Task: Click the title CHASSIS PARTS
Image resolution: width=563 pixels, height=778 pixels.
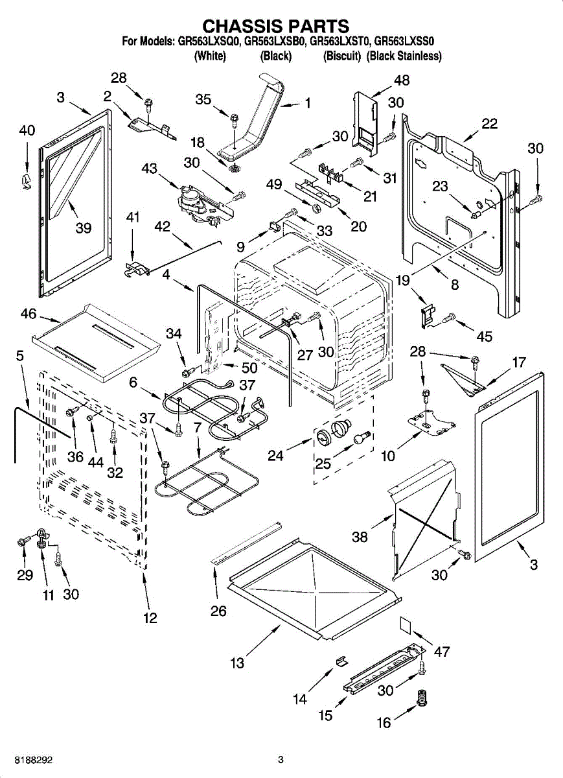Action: (276, 26)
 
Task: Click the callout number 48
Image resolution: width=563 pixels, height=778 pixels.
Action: (402, 80)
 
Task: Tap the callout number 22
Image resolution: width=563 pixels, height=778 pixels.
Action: (489, 124)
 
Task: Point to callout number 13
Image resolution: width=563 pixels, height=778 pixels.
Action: (237, 663)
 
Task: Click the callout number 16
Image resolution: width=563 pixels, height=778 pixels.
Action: (384, 722)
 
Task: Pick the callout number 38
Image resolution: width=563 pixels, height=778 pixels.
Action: (360, 537)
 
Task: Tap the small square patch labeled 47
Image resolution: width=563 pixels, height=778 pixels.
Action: (407, 623)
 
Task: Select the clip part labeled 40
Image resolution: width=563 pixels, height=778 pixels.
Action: (25, 180)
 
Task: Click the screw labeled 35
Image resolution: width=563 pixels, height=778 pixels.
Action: (233, 121)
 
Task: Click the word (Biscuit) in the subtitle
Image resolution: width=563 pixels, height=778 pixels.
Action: (341, 56)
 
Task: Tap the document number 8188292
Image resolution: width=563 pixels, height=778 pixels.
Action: (26, 759)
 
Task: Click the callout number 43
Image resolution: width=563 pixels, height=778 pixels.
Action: (149, 169)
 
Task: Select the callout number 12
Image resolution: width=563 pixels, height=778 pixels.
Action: (150, 618)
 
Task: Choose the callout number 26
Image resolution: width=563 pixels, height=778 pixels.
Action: (218, 611)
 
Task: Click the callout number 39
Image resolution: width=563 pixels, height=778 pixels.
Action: (83, 228)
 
